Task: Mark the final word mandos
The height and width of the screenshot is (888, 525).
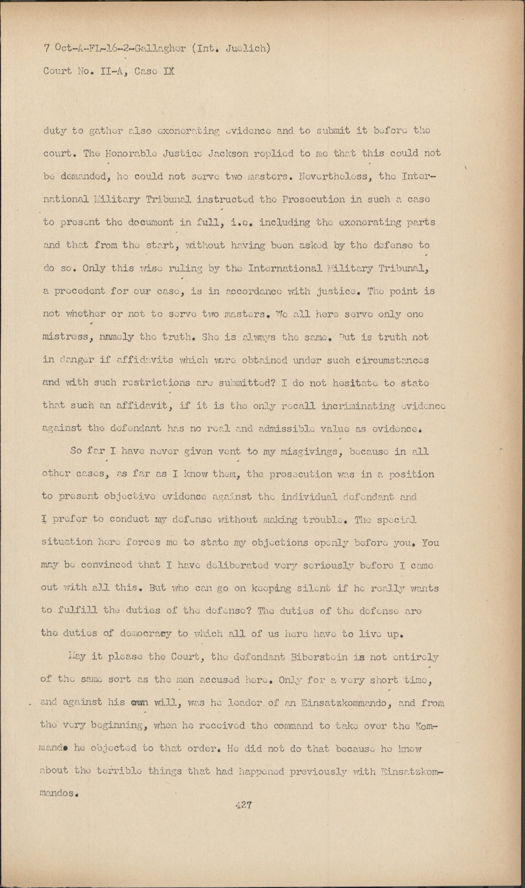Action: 60,793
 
